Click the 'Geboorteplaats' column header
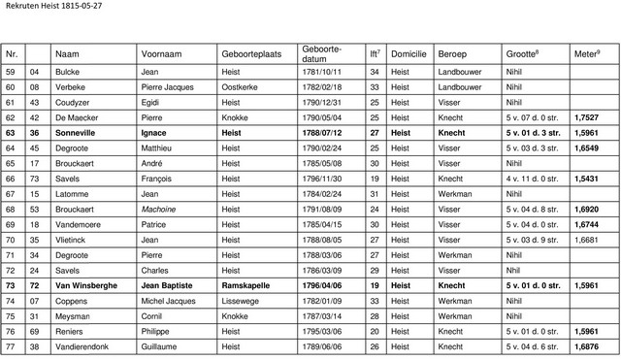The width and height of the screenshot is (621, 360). (251, 53)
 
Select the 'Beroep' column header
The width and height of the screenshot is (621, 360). (453, 53)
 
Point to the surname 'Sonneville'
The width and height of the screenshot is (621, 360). (83, 132)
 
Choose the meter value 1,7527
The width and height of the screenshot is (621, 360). (587, 116)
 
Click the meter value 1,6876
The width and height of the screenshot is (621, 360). (587, 345)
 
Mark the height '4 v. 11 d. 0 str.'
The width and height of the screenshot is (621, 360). (533, 179)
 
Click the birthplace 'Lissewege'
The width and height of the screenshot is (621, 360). (242, 301)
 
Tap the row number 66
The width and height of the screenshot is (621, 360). (11, 179)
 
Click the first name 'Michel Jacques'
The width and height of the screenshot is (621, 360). (169, 301)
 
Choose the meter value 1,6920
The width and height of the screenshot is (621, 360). (587, 209)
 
